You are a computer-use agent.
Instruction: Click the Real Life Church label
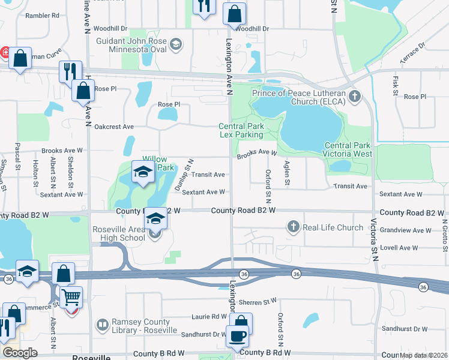[333, 227]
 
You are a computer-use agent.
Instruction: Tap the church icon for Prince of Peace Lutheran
[355, 96]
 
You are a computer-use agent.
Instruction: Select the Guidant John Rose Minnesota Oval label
[133, 44]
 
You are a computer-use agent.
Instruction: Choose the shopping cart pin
[71, 297]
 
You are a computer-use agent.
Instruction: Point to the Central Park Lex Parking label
[241, 130]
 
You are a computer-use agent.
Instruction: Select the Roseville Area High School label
[118, 233]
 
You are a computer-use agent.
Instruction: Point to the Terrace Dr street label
[412, 53]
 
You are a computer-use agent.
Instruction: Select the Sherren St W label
[257, 301]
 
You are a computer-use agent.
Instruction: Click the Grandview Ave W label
[410, 230]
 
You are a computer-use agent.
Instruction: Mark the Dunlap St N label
[184, 175]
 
